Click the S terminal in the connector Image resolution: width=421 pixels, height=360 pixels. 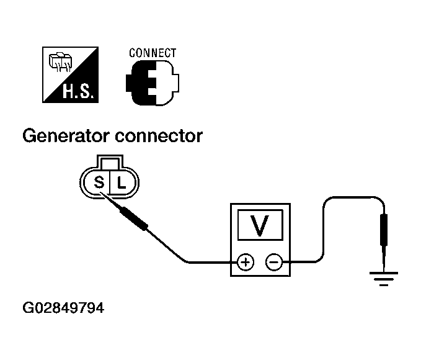click(99, 182)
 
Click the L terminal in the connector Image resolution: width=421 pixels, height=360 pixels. click(122, 183)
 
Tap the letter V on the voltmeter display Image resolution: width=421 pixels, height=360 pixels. click(259, 225)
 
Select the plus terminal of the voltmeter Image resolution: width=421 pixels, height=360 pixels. click(246, 262)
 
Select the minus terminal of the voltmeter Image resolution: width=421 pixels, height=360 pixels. click(274, 262)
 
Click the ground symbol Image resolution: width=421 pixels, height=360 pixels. click(384, 279)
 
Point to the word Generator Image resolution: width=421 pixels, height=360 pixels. click(67, 136)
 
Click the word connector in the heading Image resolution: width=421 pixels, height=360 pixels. click(159, 137)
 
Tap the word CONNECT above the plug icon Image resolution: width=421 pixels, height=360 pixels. click(153, 53)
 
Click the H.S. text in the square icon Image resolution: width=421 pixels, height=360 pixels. click(78, 91)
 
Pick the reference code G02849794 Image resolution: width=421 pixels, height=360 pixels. click(63, 308)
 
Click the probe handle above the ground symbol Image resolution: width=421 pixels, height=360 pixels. click(384, 230)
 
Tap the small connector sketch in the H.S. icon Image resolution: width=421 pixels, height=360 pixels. click(60, 63)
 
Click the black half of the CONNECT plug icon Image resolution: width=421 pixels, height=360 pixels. click(140, 83)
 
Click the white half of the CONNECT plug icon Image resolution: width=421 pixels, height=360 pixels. click(166, 83)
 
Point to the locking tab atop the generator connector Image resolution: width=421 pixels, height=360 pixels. click(110, 162)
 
